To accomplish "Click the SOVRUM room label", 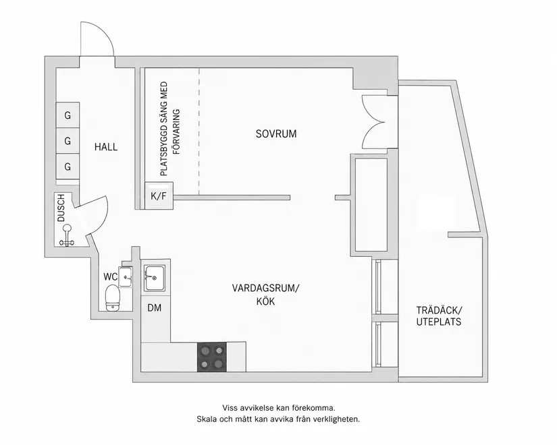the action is (276, 133).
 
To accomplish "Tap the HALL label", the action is (106, 147).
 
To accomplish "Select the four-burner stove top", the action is (212, 357).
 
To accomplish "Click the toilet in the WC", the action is (112, 298).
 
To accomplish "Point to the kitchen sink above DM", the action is (155, 278).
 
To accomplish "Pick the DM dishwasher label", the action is (155, 308).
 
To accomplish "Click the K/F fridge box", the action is (159, 196).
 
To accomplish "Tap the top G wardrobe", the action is (68, 115).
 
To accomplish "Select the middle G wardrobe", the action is (68, 141).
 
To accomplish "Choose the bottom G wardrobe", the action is (68, 167).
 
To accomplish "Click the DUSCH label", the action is (61, 208).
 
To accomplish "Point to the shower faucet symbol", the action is (67, 235).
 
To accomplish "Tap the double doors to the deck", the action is (373, 122).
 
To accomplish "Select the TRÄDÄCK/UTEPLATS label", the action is (439, 316).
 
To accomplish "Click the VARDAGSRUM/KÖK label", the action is (266, 295).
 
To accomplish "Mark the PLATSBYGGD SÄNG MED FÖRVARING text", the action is (169, 129).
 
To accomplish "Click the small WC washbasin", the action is (125, 277).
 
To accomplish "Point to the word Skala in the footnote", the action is (207, 419).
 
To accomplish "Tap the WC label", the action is (111, 277).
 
